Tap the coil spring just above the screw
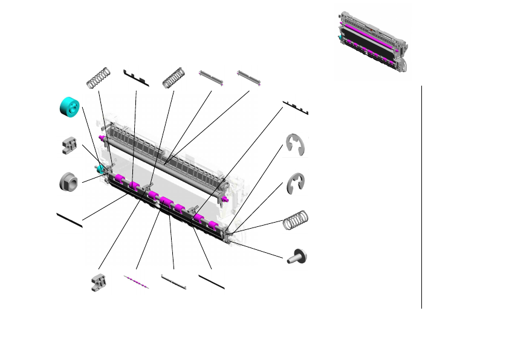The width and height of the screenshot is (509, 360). coord(296,220)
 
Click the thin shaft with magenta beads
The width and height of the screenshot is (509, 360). coord(136,282)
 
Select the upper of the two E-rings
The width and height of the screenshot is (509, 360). coord(296,145)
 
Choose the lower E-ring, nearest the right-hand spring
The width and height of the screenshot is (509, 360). coord(296,184)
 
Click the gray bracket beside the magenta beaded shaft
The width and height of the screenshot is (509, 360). coord(98,282)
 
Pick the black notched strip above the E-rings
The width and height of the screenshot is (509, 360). coord(296,108)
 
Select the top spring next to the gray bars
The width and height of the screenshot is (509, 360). coord(173,76)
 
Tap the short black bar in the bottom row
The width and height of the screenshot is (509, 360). coord(212,282)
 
